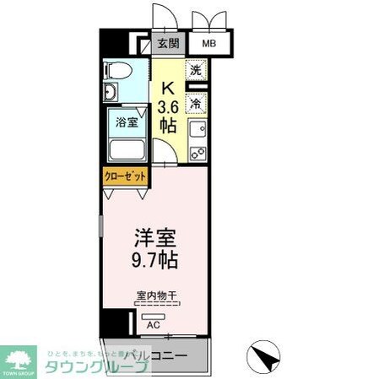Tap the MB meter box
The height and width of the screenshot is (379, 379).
coord(207,43)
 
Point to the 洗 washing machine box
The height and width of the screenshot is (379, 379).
coord(196,73)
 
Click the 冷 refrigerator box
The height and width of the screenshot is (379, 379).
coord(195,104)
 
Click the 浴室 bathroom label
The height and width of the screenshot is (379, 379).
coord(127,122)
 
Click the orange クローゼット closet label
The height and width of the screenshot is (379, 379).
coord(125,177)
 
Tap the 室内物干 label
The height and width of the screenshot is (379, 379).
coord(154,296)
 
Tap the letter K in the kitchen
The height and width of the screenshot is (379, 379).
coord(168,87)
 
